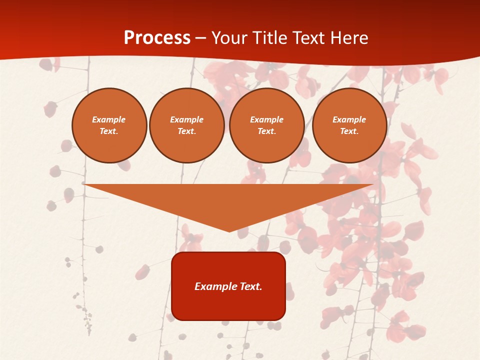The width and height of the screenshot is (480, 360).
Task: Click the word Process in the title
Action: (x=157, y=38)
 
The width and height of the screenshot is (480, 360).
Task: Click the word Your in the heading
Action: (x=229, y=38)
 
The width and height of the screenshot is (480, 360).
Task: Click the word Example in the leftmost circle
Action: (x=109, y=119)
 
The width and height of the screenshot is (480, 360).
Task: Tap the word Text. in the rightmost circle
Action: (x=349, y=131)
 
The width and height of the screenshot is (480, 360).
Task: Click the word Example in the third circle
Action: (x=267, y=119)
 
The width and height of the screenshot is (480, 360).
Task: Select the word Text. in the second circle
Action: (x=187, y=131)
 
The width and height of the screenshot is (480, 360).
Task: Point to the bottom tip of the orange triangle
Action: (x=229, y=231)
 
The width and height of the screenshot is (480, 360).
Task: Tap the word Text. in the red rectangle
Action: (x=251, y=286)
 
